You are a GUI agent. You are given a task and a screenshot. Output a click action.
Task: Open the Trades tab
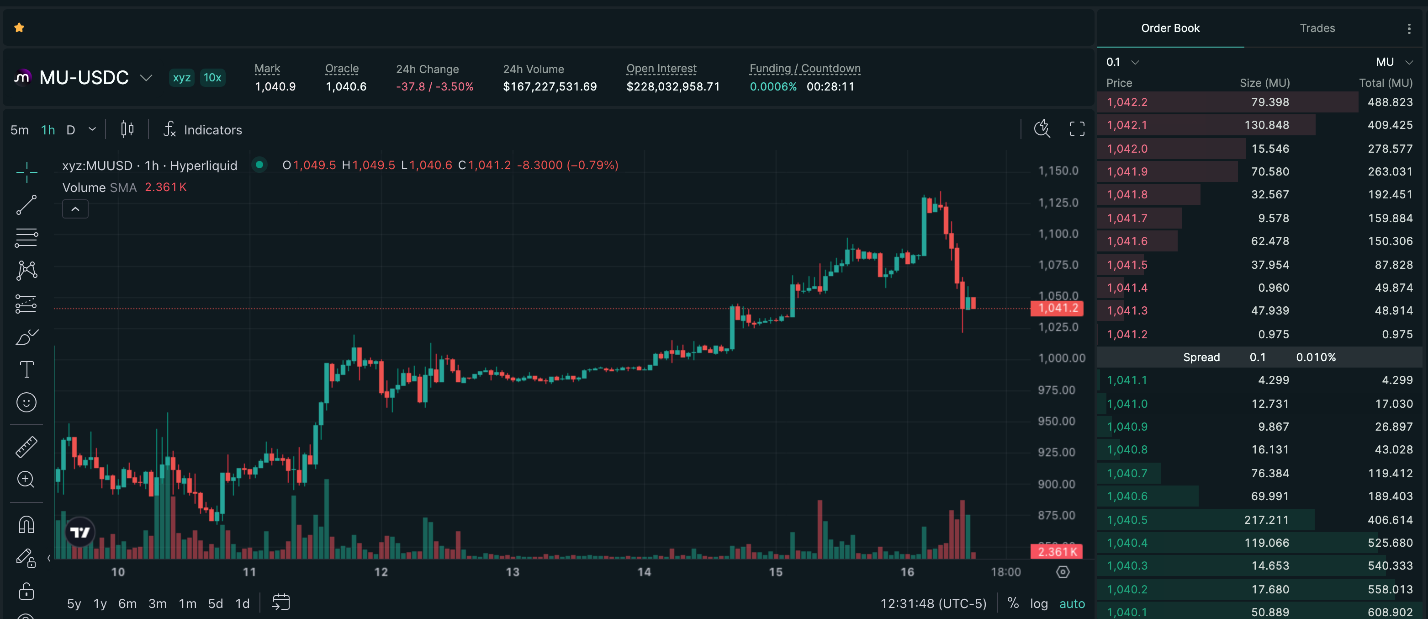1317,28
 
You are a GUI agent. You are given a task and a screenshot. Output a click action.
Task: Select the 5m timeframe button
19,130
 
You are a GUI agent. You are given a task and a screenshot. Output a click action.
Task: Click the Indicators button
202,130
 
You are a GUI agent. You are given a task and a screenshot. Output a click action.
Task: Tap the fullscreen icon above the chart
1077,129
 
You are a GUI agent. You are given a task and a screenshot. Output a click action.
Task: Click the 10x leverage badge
212,78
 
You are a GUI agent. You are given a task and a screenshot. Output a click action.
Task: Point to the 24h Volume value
550,86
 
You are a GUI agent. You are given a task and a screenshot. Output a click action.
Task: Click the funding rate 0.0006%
773,86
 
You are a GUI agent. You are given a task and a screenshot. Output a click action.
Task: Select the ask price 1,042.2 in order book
1127,102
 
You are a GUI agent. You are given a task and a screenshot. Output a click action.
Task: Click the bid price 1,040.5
1127,520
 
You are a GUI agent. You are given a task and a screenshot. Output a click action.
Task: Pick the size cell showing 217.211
1266,520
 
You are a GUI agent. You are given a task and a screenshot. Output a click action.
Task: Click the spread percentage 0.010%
1316,357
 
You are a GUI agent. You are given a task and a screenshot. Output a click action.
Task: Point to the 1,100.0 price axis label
1058,234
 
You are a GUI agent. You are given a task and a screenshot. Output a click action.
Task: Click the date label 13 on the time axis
513,572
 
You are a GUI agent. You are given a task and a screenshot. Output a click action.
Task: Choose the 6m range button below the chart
127,603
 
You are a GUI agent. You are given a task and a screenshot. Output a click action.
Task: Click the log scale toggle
1038,603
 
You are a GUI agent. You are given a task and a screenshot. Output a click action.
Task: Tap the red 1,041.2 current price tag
1057,309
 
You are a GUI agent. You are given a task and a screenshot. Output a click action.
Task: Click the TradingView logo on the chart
80,533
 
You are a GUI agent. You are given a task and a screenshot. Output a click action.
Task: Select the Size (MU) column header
1264,83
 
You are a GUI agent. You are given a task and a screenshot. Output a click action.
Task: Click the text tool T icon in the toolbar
26,369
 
